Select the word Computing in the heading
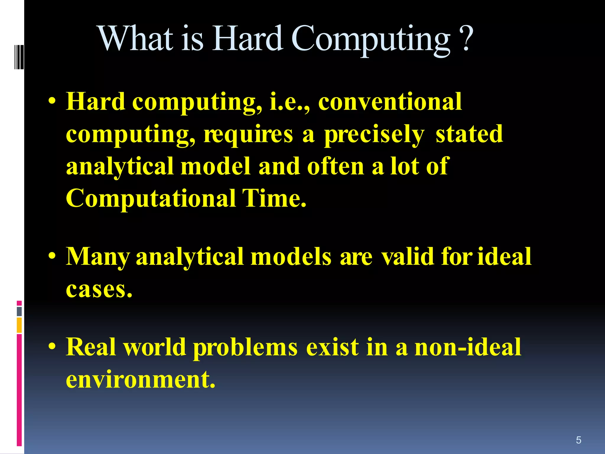pyautogui.click(x=370, y=40)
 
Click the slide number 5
pyautogui.click(x=578, y=440)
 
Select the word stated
pyautogui.click(x=469, y=134)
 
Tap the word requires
pyautogui.click(x=248, y=135)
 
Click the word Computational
pyautogui.click(x=151, y=199)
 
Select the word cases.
pyautogui.click(x=99, y=289)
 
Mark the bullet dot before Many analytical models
pyautogui.click(x=52, y=256)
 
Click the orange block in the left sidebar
pyautogui.click(x=19, y=325)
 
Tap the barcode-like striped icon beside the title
pyautogui.click(x=19, y=57)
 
